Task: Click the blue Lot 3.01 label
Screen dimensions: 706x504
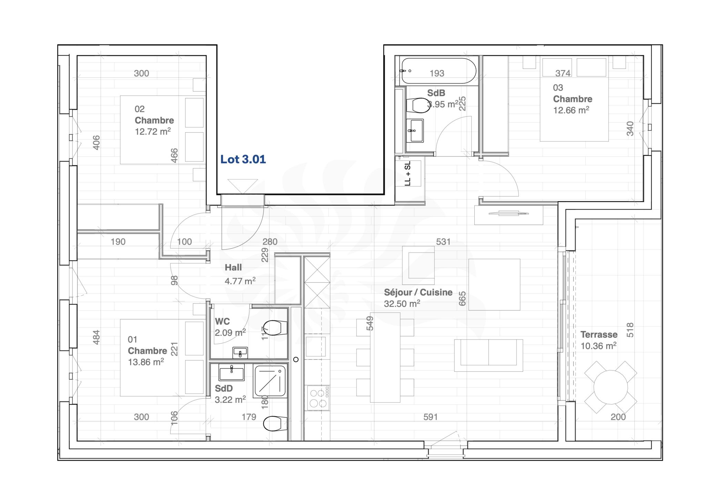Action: (243, 159)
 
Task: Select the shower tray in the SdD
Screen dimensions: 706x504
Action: (271, 381)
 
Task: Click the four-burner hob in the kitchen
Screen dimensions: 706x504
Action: (318, 398)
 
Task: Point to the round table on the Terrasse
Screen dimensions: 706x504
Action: (611, 387)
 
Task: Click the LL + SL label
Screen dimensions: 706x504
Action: (408, 174)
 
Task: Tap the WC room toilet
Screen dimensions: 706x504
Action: (275, 327)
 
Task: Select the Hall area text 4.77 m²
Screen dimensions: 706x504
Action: (240, 281)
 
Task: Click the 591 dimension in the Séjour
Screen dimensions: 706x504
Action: (430, 417)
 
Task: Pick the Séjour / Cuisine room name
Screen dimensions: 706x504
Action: (418, 292)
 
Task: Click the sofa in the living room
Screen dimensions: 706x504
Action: (488, 355)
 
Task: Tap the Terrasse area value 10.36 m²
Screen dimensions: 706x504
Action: (598, 346)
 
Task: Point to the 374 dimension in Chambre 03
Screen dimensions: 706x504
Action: (563, 73)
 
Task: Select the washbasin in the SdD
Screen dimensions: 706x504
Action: (232, 372)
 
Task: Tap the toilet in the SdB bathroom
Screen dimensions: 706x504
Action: (417, 105)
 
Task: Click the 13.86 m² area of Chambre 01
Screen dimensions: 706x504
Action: (146, 362)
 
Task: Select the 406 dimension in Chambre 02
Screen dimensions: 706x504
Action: (97, 143)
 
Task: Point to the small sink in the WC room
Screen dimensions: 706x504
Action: (240, 352)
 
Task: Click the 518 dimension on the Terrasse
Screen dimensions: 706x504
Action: (630, 330)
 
